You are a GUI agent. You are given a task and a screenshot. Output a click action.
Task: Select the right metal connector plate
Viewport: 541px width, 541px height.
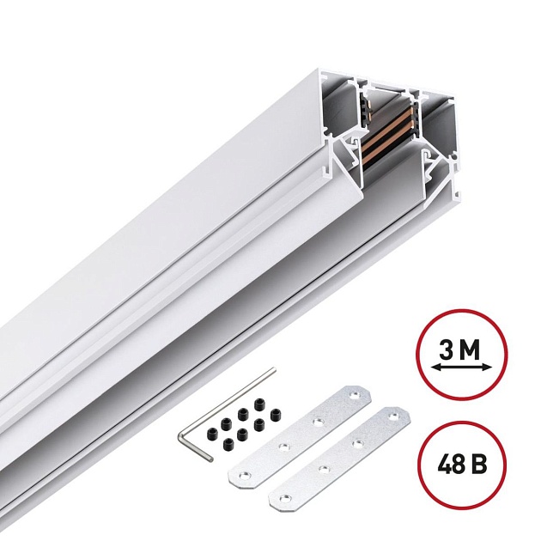pyautogui.click(x=340, y=456)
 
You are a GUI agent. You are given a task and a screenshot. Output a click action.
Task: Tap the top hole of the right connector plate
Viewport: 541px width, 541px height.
pyautogui.click(x=396, y=420)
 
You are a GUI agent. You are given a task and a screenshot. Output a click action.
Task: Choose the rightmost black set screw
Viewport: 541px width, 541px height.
pyautogui.click(x=277, y=415)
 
